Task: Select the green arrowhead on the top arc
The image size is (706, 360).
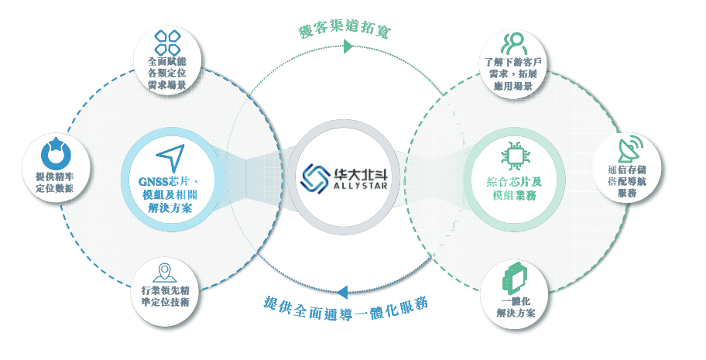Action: pyautogui.click(x=348, y=48)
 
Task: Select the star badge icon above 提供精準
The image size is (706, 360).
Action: pyautogui.click(x=54, y=153)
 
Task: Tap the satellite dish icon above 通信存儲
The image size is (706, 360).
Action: pyautogui.click(x=627, y=150)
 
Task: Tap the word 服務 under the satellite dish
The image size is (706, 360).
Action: pyautogui.click(x=627, y=194)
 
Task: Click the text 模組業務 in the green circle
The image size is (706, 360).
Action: pyautogui.click(x=513, y=198)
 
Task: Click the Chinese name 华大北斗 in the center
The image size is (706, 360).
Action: pyautogui.click(x=360, y=173)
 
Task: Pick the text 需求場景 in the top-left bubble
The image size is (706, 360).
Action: pyautogui.click(x=166, y=85)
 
